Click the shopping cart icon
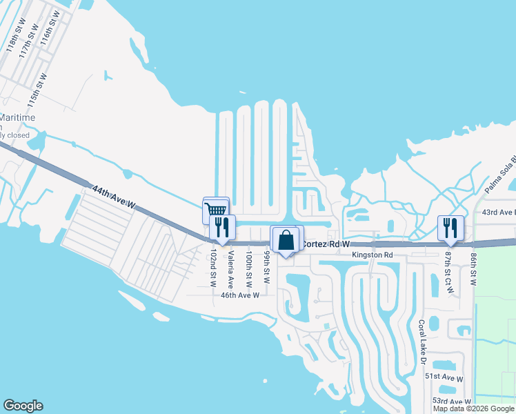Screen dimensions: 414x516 point(215,209)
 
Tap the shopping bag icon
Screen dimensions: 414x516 point(286,240)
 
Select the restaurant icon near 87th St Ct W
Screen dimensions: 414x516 point(450,228)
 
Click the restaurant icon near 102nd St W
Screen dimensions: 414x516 point(222,227)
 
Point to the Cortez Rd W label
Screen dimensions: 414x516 point(326,244)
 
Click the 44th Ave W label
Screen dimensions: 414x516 point(113,195)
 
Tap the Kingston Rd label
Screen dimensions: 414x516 point(372,255)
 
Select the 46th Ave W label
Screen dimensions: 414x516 point(239,295)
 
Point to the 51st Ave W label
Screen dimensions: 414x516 point(444,377)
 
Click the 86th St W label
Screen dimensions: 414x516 point(473,268)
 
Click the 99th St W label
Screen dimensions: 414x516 point(266,267)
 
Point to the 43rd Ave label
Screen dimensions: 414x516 point(499,212)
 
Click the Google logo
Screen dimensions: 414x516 point(23,406)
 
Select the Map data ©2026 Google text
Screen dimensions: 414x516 point(473,408)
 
